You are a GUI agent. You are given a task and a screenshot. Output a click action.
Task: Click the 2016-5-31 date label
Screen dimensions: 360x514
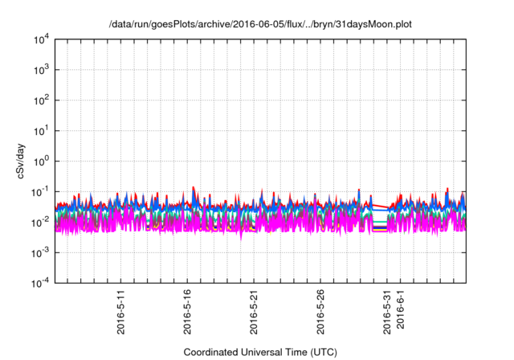pyautogui.click(x=387, y=313)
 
